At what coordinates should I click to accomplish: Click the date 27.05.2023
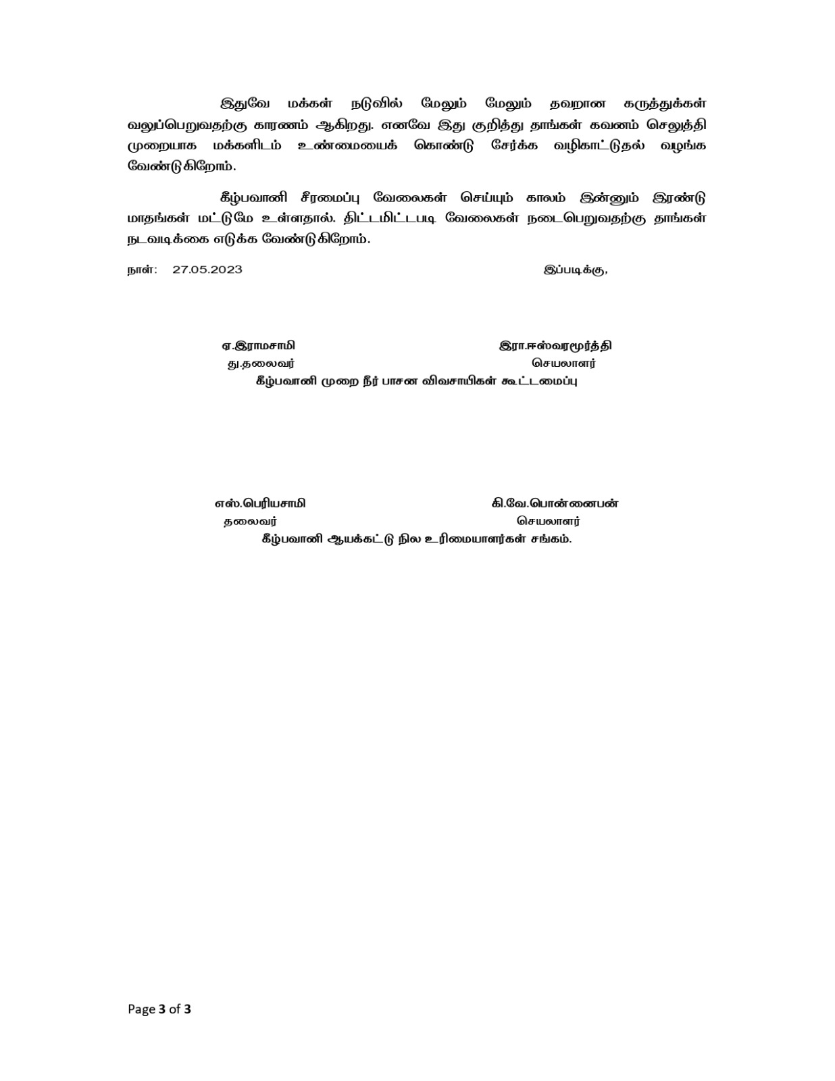point(207,270)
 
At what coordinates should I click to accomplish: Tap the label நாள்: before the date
point(143,270)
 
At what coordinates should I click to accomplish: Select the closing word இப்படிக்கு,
point(575,270)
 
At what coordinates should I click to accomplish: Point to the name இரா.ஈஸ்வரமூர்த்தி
point(555,346)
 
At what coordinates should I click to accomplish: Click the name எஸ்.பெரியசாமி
point(259,503)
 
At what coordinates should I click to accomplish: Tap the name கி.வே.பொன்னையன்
point(555,503)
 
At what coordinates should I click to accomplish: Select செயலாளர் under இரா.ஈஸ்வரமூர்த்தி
point(563,363)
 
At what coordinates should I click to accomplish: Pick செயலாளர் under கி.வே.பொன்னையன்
point(549,522)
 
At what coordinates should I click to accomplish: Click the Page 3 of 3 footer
point(159,1009)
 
